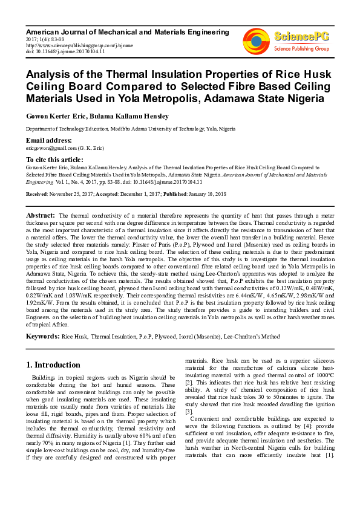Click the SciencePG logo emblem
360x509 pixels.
pyautogui.click(x=257, y=39)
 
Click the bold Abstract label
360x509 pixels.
pyautogui.click(x=40, y=215)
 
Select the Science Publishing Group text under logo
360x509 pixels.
pyautogui.click(x=301, y=48)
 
